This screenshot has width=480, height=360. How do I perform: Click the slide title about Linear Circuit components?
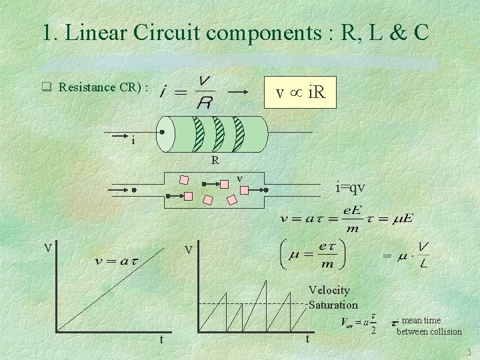[235, 32]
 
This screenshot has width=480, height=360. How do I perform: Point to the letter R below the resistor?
[215, 160]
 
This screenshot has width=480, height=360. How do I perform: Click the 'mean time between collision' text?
[429, 326]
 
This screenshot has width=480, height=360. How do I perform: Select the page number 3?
[469, 351]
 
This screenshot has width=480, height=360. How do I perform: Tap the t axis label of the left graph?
[161, 339]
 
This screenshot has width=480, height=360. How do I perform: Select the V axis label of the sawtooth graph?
[189, 251]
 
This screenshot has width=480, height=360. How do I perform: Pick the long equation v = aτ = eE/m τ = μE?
[347, 218]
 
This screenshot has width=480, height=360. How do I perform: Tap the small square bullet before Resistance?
[46, 87]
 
